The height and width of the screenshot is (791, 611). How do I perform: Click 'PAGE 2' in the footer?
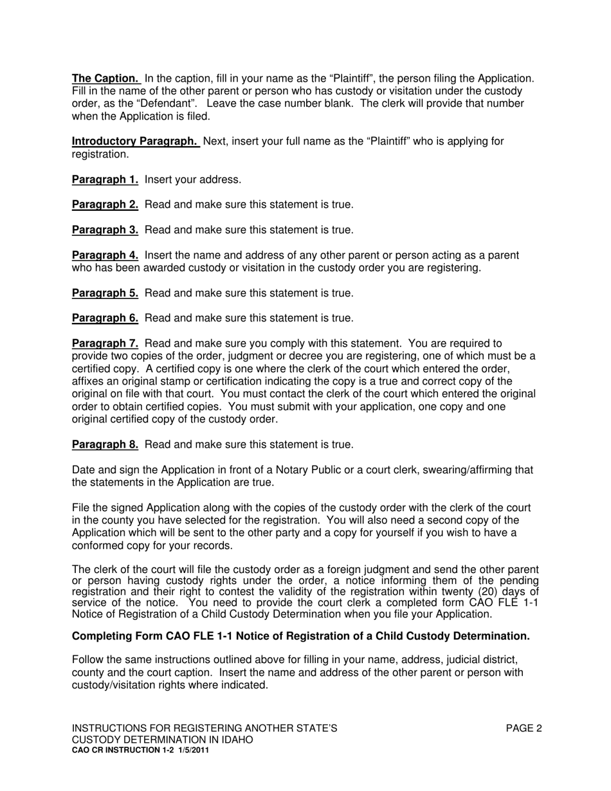(x=524, y=729)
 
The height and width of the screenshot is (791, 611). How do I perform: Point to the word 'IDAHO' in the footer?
(x=236, y=740)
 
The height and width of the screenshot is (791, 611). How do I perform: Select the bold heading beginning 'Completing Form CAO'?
(x=300, y=636)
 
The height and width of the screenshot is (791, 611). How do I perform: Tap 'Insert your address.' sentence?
(x=193, y=179)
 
